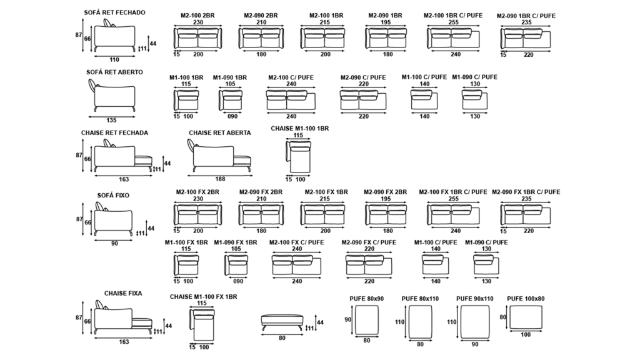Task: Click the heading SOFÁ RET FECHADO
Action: coord(114,12)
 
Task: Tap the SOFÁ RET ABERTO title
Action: coord(114,72)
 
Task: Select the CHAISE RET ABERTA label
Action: coord(220,132)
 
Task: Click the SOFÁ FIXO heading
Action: coord(113,195)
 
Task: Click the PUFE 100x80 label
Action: coord(526,299)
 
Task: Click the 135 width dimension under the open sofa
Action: coord(112,119)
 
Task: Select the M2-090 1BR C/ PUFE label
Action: coord(526,15)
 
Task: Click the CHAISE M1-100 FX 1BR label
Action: coord(203,296)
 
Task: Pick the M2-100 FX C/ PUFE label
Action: coord(296,242)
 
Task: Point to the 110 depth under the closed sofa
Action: coord(114,60)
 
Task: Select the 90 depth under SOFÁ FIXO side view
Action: coord(114,244)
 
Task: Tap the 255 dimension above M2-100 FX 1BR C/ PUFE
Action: coord(453,199)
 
